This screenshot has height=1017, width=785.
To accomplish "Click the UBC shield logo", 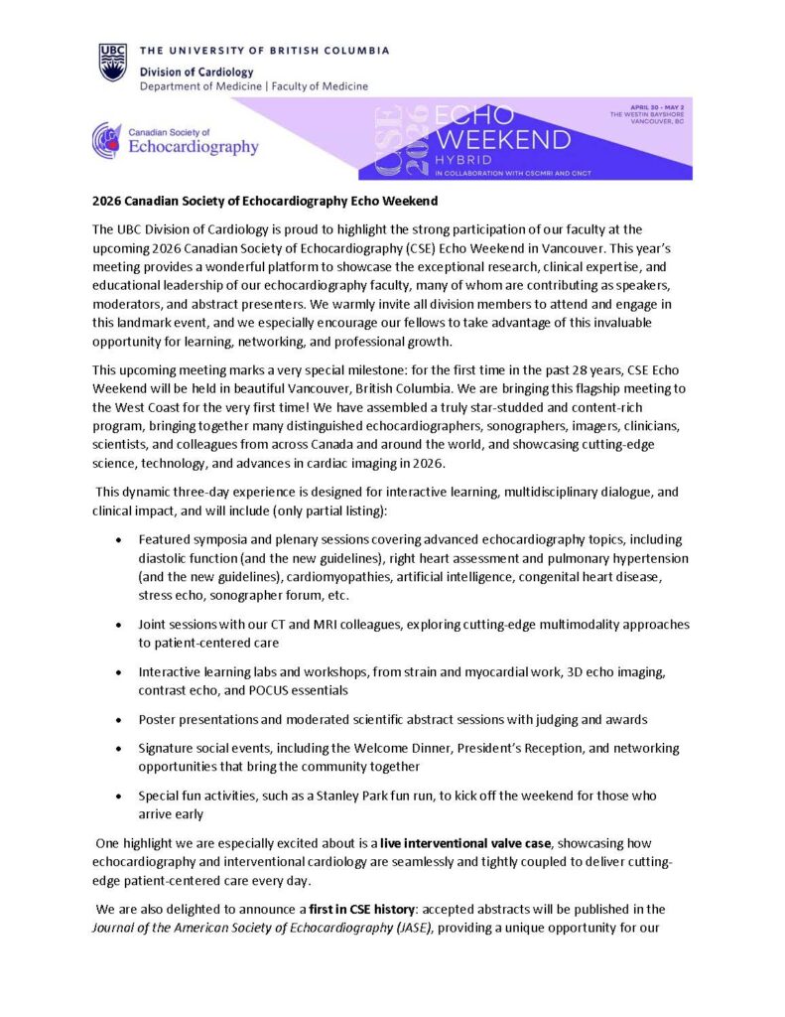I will tap(112, 63).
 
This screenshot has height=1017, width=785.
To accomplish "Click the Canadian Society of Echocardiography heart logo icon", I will tap(107, 140).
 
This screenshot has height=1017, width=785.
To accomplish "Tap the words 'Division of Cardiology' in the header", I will tap(196, 72).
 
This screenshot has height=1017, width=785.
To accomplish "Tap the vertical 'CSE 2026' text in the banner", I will tap(401, 139).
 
